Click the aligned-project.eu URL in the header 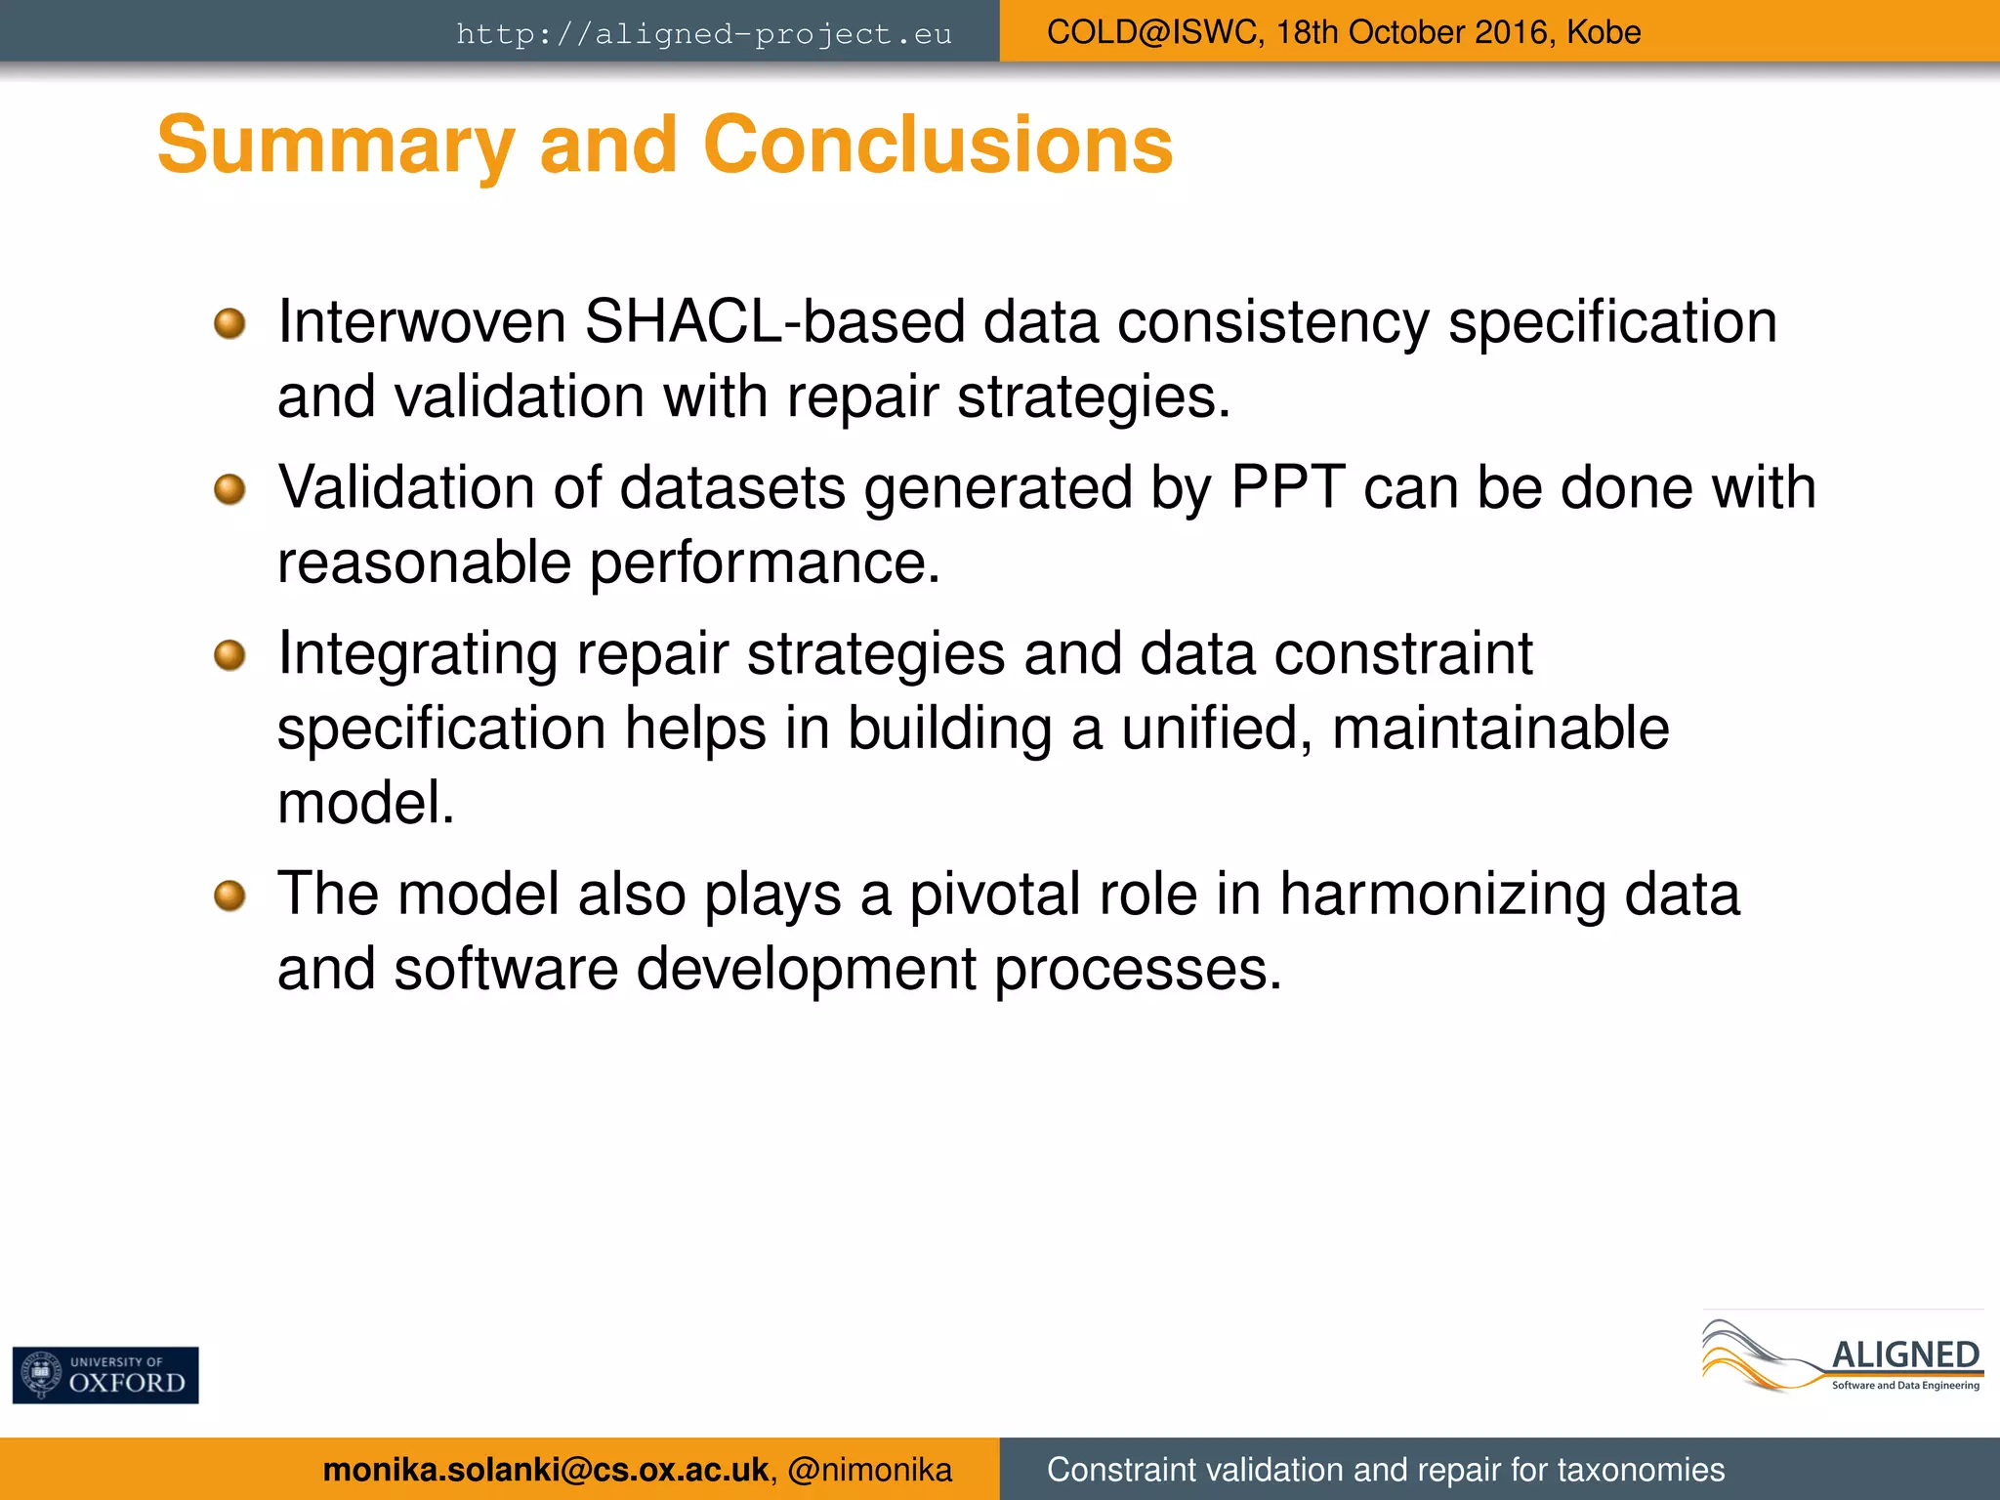[x=703, y=34]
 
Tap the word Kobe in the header [x=1604, y=32]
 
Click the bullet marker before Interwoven [x=229, y=323]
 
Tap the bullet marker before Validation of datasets [x=229, y=488]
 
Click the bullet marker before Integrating [x=229, y=654]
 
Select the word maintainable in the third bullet [x=1500, y=729]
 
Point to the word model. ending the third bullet [x=366, y=803]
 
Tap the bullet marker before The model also [x=229, y=895]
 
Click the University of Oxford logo [x=105, y=1375]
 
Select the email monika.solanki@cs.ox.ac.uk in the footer [x=545, y=1470]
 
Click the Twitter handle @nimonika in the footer [x=869, y=1470]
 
